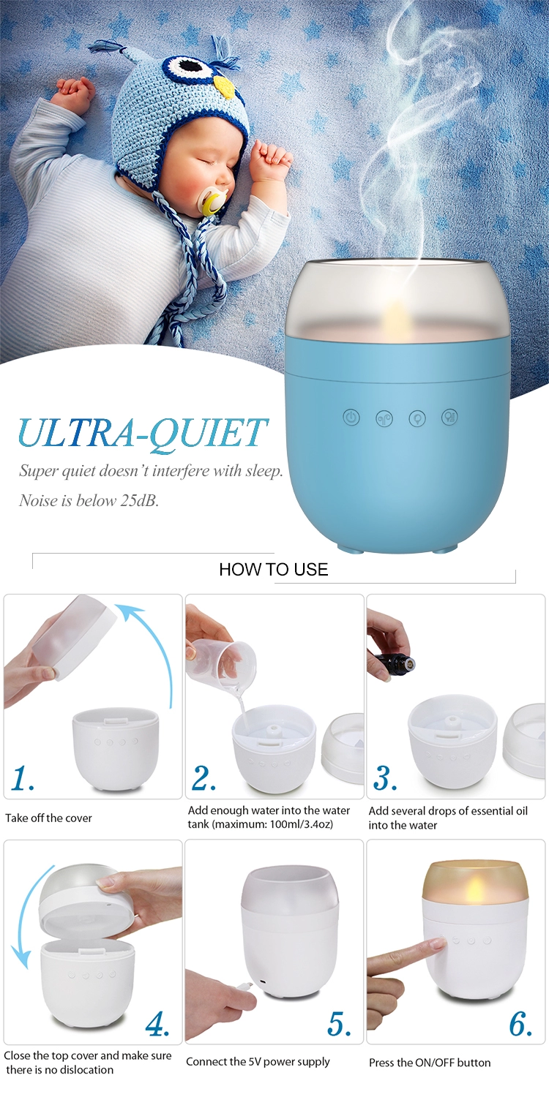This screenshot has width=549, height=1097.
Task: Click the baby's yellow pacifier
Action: pyautogui.click(x=213, y=202)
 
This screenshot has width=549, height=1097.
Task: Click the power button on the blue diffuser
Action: pyautogui.click(x=351, y=418)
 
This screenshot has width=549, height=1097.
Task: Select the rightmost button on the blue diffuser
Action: pyautogui.click(x=449, y=418)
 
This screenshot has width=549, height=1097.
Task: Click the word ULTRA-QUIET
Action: pyautogui.click(x=143, y=433)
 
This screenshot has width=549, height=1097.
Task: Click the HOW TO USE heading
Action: pyautogui.click(x=274, y=570)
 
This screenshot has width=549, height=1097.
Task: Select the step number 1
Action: pyautogui.click(x=23, y=780)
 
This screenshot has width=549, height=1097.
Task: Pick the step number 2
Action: pyautogui.click(x=204, y=780)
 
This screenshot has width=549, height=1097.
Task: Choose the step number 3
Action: pyautogui.click(x=385, y=780)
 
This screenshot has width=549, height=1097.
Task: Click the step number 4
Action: pyautogui.click(x=158, y=1025)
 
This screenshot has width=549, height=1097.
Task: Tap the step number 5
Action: pyautogui.click(x=340, y=1025)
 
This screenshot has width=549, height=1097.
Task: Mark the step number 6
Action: pyautogui.click(x=520, y=1025)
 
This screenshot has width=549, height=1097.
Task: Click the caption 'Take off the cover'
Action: pyautogui.click(x=49, y=818)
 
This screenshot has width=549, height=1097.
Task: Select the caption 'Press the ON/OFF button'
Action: pyautogui.click(x=430, y=1062)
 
